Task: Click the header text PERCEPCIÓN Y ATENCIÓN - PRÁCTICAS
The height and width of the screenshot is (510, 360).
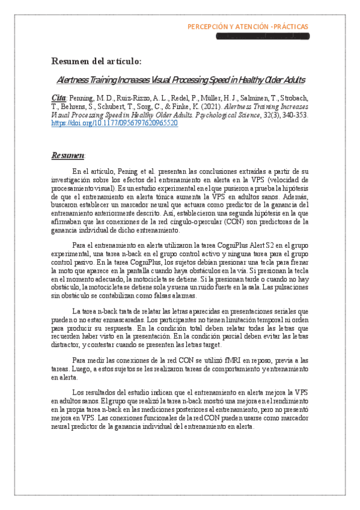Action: click(x=248, y=26)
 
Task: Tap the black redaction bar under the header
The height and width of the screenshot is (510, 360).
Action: click(x=262, y=37)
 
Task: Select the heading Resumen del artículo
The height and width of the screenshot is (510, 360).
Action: click(x=96, y=61)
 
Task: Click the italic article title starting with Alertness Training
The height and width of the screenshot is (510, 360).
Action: click(x=180, y=79)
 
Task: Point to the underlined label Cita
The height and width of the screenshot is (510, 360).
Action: click(x=58, y=97)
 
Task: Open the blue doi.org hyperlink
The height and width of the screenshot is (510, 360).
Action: click(x=114, y=123)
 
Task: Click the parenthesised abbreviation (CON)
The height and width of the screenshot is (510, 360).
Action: click(x=234, y=221)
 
